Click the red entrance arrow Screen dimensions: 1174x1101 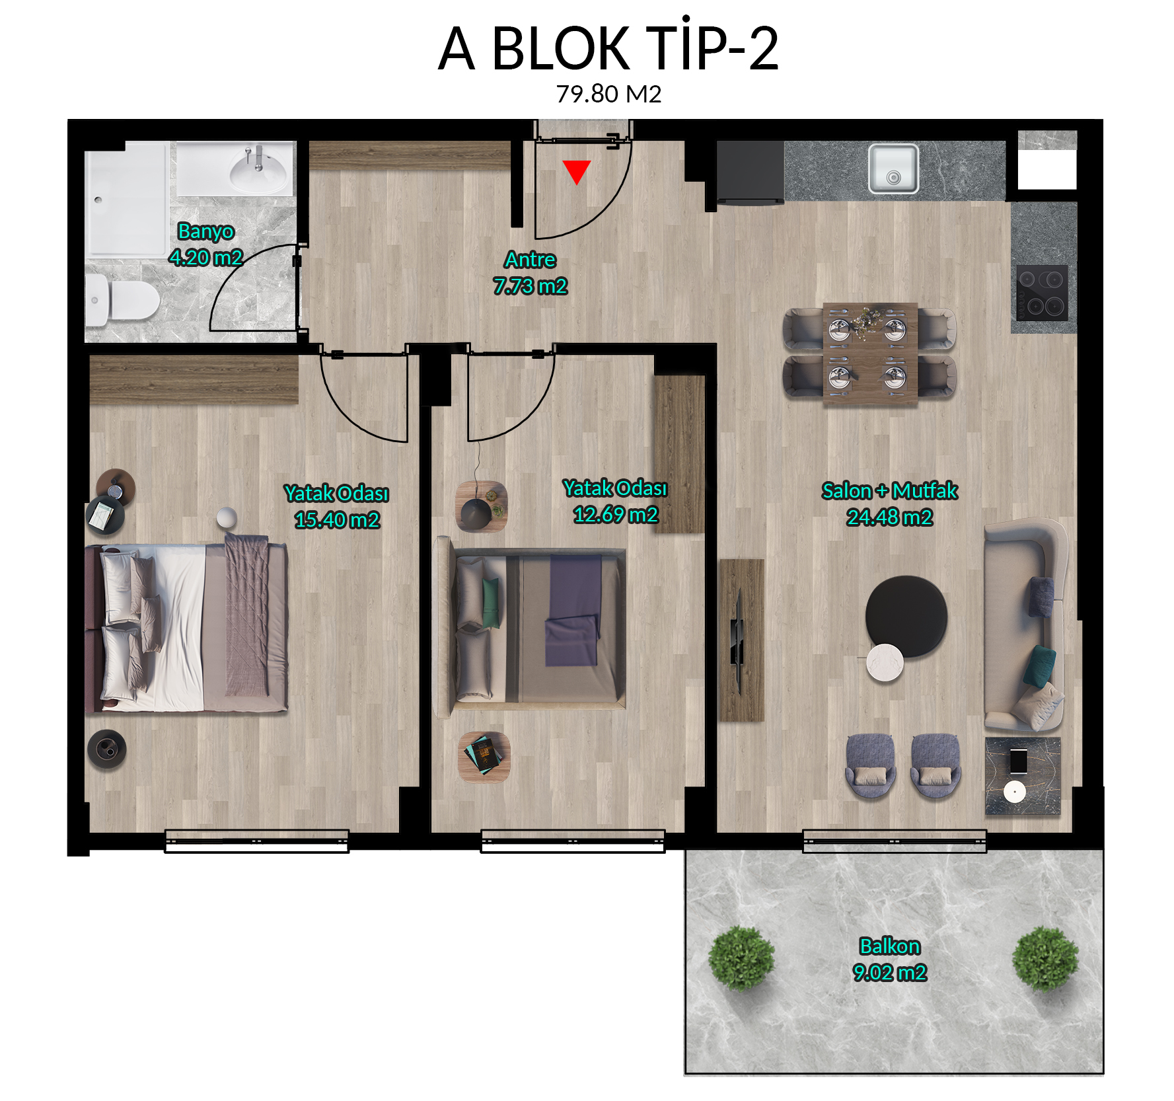(x=577, y=171)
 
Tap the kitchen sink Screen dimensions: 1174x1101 (x=893, y=169)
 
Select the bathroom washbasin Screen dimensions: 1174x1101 (x=258, y=169)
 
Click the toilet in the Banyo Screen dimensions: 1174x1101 (x=122, y=300)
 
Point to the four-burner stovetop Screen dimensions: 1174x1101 (x=1042, y=293)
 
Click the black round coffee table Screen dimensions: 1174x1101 (x=906, y=616)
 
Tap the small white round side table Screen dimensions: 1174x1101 (x=885, y=662)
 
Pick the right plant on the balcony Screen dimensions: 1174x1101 (x=1045, y=958)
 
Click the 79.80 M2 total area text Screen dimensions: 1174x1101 (x=608, y=94)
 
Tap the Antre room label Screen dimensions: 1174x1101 (x=531, y=260)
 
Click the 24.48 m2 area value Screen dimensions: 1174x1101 (x=890, y=517)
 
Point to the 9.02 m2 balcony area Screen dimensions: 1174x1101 (x=890, y=973)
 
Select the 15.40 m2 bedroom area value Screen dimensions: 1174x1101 (x=337, y=520)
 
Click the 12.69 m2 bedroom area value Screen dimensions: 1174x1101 (x=616, y=515)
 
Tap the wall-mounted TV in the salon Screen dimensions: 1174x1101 (x=738, y=640)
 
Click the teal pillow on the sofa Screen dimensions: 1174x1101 (x=1039, y=665)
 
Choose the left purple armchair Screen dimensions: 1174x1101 (x=871, y=765)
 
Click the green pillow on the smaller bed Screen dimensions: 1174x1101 (x=492, y=602)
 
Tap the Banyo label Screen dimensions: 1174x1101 (x=206, y=231)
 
